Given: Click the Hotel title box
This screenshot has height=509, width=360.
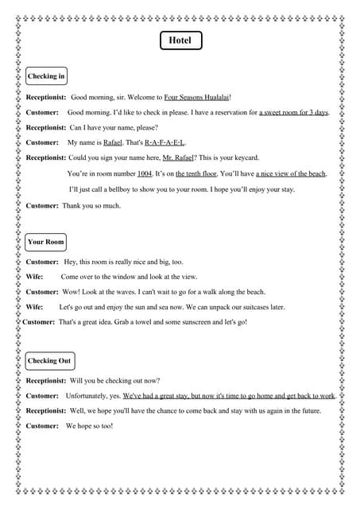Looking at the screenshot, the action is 180,41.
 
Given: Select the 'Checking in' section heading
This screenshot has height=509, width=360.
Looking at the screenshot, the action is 45,76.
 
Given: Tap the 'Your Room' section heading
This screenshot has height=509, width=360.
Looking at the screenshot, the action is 45,242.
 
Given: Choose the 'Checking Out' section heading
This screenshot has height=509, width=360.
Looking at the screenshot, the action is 49,361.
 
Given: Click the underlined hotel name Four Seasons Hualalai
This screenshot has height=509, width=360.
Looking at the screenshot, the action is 196,97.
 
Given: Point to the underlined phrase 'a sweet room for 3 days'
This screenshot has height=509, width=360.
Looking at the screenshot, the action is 293,112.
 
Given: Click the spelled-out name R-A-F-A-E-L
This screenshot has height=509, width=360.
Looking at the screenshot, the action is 165,142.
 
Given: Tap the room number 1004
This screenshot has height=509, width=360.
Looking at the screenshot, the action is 145,173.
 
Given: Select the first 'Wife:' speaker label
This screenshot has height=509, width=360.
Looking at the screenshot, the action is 35,277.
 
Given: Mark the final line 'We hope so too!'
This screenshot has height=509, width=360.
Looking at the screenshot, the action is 89,426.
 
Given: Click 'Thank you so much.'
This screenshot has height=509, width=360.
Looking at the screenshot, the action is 91,206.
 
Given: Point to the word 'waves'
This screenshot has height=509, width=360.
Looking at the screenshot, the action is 132,292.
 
